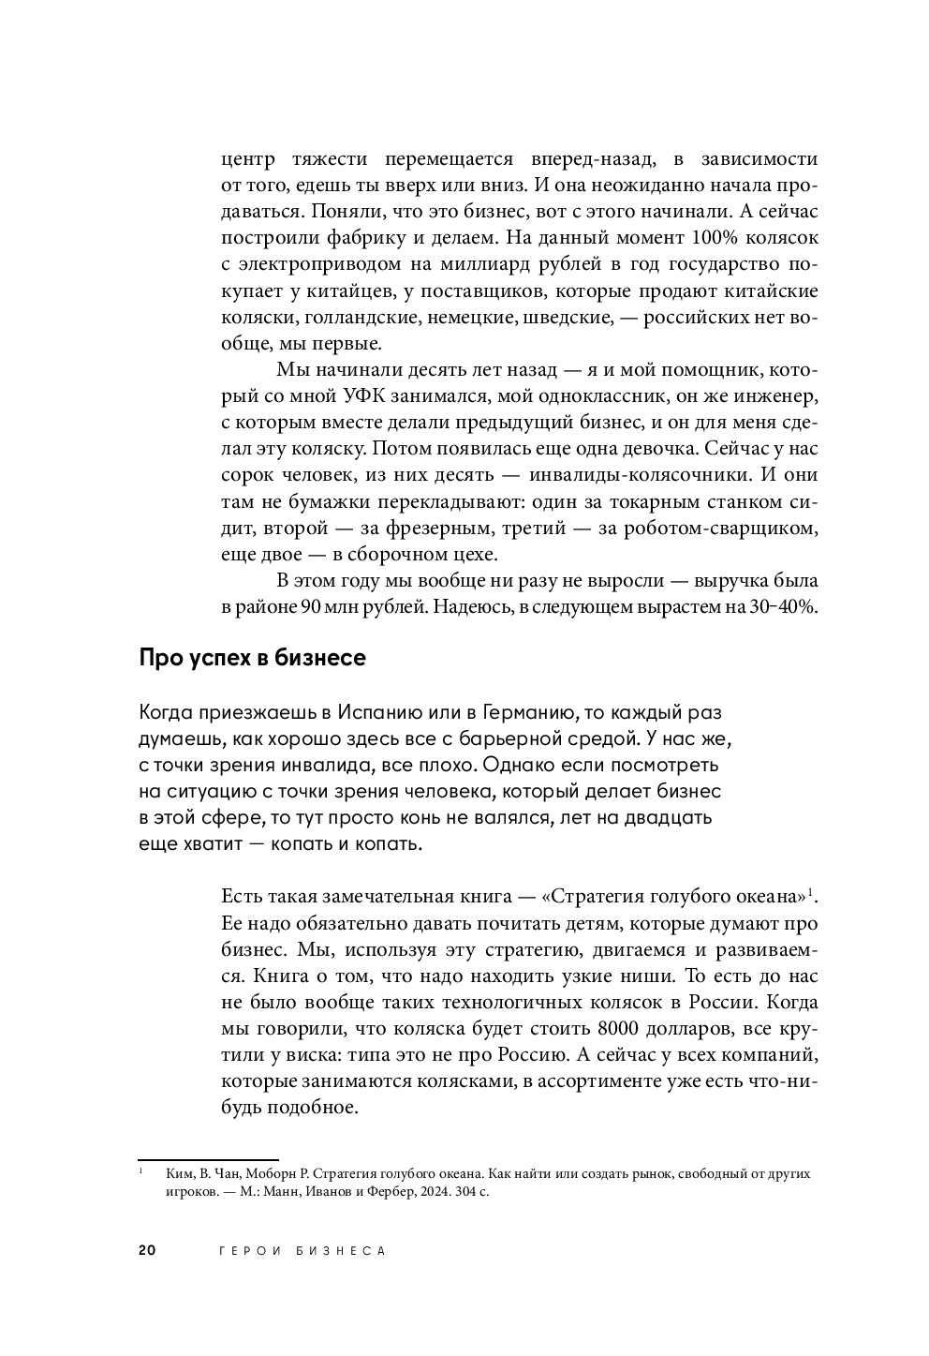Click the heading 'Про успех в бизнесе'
[252, 658]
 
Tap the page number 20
[147, 1251]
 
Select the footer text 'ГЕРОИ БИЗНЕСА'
[302, 1251]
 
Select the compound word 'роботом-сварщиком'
[719, 528]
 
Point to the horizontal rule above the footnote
[208, 1160]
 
